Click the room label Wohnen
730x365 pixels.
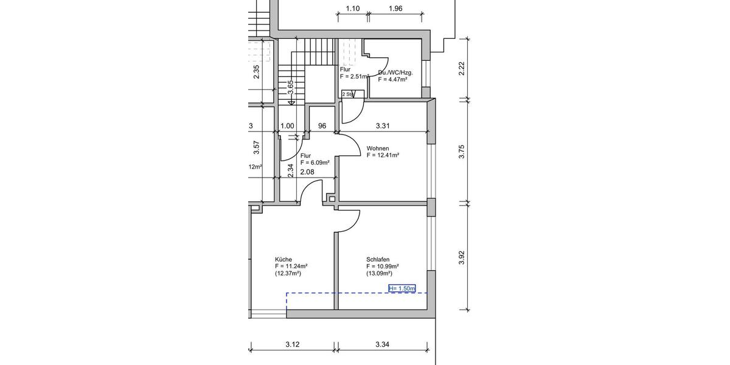point(378,148)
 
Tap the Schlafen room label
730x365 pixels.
point(378,259)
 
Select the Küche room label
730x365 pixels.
point(283,259)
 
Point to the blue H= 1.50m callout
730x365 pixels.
point(401,288)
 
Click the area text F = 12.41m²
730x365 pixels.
point(383,156)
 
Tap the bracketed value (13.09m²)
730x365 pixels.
point(381,274)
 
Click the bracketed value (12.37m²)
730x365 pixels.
point(289,274)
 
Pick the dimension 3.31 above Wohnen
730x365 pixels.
point(382,126)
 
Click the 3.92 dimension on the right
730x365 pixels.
point(462,258)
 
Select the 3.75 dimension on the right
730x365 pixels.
point(462,152)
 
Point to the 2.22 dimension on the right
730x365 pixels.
point(462,69)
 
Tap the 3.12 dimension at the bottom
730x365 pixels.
point(292,345)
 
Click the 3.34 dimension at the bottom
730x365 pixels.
point(382,345)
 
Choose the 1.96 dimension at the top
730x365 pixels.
point(395,9)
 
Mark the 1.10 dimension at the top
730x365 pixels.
point(353,9)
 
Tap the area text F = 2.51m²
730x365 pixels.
point(355,77)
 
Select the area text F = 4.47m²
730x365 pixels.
point(392,79)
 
